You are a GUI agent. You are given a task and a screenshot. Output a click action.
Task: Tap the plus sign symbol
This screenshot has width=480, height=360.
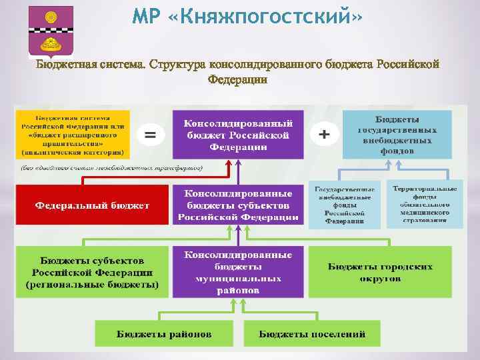pyautogui.click(x=325, y=135)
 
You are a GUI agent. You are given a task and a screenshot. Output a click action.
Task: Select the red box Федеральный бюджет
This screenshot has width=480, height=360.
pyautogui.click(x=93, y=205)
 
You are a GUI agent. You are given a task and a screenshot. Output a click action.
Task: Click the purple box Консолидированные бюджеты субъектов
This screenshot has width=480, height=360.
pyautogui.click(x=237, y=204)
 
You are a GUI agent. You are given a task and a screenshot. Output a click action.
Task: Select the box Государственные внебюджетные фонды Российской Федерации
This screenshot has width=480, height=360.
pyautogui.click(x=344, y=204)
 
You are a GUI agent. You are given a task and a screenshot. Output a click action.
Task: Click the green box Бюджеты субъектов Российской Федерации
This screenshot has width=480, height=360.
pyautogui.click(x=93, y=272)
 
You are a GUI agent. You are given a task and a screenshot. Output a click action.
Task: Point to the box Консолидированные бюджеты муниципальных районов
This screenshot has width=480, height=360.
pyautogui.click(x=237, y=272)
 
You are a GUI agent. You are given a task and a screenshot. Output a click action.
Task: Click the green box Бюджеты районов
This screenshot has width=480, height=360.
pyautogui.click(x=165, y=333)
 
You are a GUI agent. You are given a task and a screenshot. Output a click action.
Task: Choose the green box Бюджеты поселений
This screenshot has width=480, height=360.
pyautogui.click(x=312, y=333)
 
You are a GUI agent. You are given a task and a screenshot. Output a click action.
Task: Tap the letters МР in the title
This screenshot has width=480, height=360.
pyautogui.click(x=148, y=16)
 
